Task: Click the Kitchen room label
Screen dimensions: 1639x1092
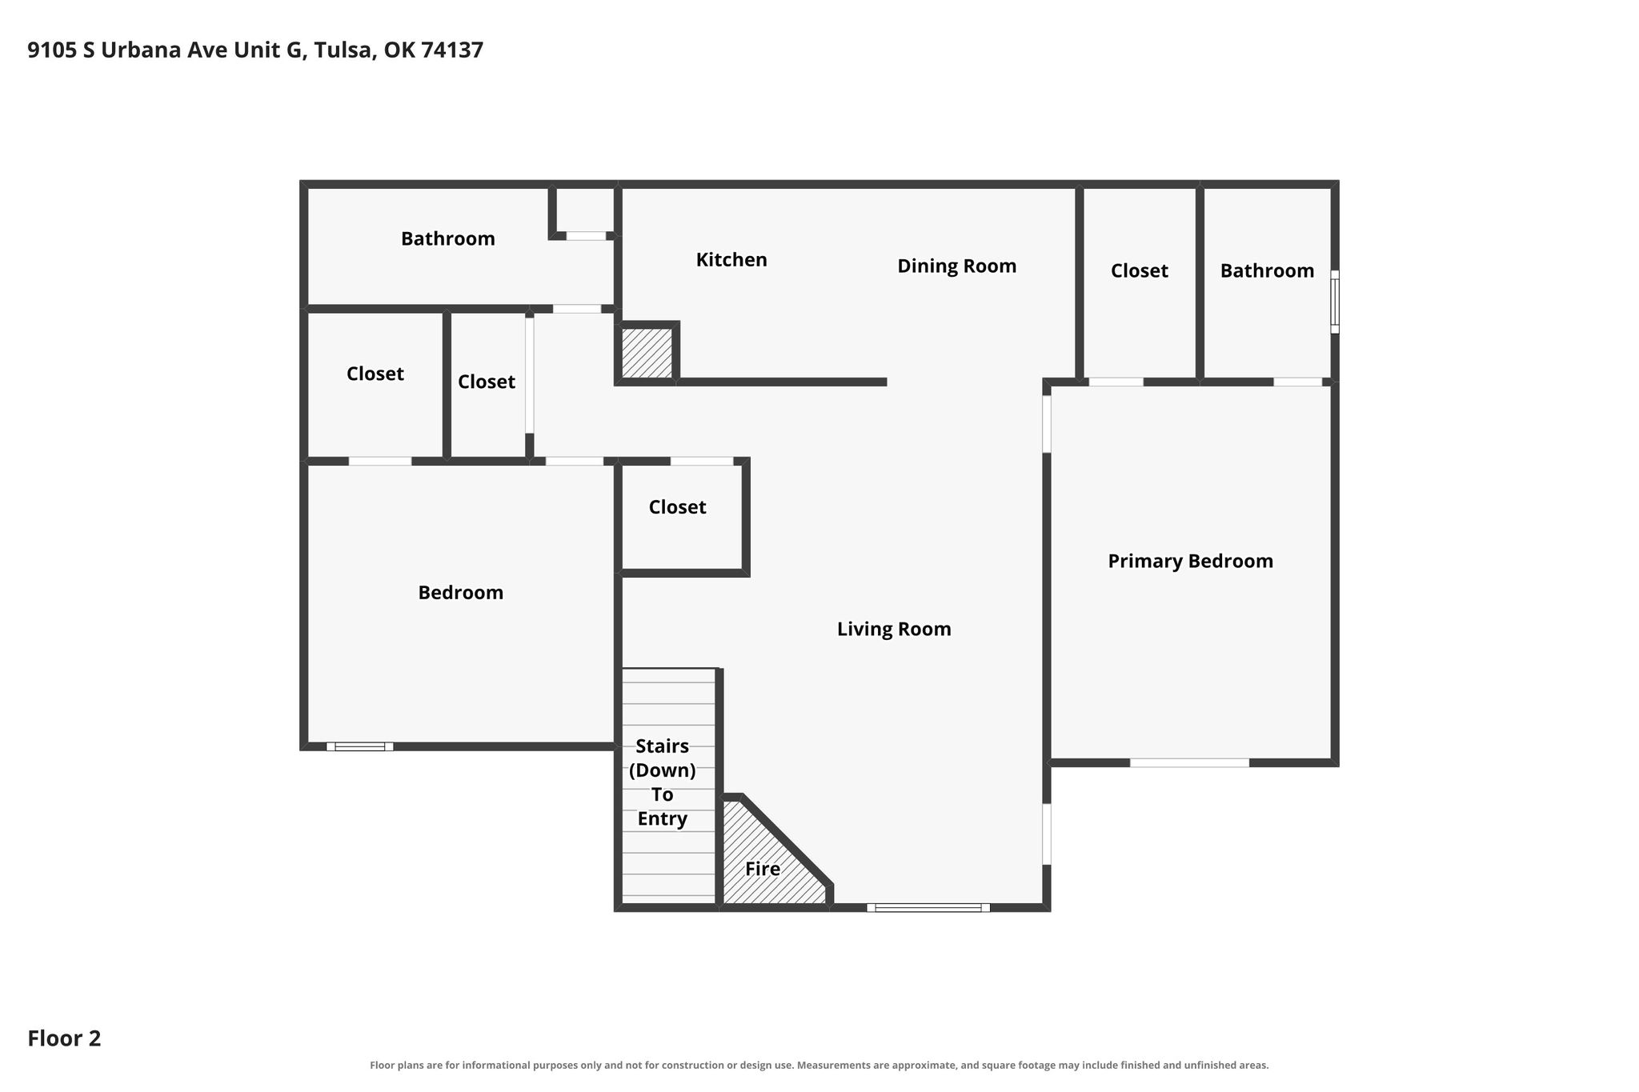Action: pos(731,260)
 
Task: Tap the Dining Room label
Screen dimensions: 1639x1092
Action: pos(956,266)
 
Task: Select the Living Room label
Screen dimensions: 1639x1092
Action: pos(894,630)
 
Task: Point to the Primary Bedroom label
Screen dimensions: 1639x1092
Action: pos(1190,562)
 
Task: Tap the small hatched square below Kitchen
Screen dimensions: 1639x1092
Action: pos(647,353)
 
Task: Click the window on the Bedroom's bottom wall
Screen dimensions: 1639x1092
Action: pos(359,746)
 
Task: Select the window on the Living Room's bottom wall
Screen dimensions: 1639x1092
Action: pos(928,907)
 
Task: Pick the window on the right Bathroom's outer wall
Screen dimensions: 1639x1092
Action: pos(1335,302)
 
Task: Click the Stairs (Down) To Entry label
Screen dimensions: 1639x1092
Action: pos(663,782)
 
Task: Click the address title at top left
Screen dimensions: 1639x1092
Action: pos(255,50)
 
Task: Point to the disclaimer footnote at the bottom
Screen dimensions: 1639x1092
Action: pos(819,1065)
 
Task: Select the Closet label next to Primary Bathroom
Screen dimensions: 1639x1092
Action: pos(1139,271)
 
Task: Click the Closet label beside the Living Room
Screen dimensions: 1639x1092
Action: pos(677,507)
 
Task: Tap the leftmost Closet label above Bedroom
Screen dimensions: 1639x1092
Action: pos(375,374)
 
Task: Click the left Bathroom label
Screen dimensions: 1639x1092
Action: pos(447,238)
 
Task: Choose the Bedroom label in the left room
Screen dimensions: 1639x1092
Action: pos(460,593)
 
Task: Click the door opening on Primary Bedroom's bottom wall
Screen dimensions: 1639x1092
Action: pos(1189,762)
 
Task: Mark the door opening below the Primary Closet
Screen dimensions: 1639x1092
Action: pos(1116,382)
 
